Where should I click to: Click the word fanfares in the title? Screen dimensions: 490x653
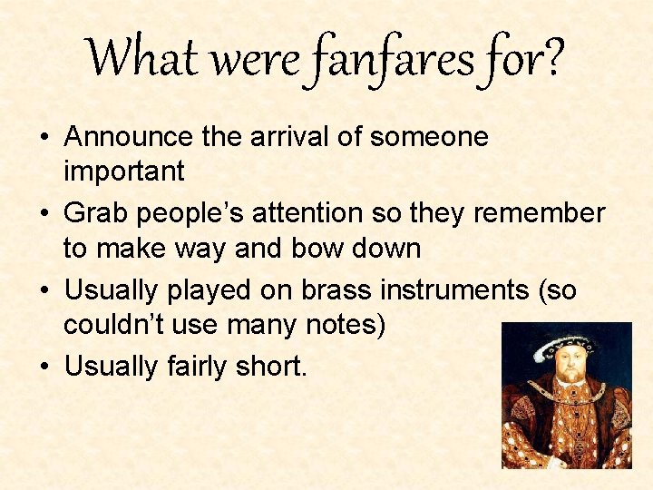(x=394, y=58)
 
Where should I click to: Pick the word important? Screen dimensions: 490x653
(x=124, y=171)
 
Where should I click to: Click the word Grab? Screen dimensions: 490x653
(x=94, y=213)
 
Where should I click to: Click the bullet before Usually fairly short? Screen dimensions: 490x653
(x=45, y=367)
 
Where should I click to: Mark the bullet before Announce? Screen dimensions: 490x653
(x=45, y=138)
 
